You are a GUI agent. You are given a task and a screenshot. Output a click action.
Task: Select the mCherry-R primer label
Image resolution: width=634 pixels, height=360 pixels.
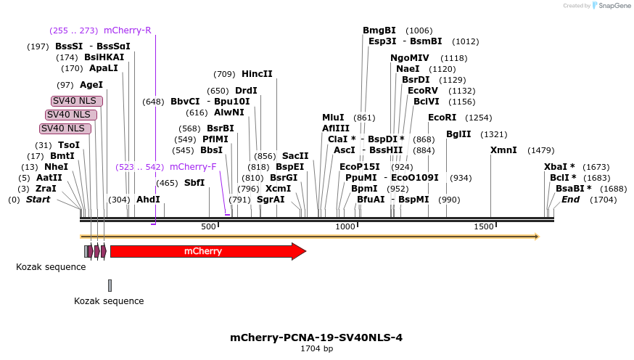127,30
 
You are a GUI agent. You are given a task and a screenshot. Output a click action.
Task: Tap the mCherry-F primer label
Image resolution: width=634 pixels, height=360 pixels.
193,166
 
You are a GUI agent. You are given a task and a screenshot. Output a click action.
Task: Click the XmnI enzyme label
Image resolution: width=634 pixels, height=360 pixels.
503,150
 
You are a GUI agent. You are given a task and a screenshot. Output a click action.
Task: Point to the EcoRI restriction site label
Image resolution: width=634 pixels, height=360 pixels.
442,118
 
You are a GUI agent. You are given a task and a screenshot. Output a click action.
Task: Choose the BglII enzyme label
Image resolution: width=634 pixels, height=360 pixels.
458,134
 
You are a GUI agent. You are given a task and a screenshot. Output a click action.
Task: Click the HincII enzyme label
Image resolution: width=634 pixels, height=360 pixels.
257,74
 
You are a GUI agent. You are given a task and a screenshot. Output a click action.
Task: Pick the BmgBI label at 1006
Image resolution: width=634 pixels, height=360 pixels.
379,30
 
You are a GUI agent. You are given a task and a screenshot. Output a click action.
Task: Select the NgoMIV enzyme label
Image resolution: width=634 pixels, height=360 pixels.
410,58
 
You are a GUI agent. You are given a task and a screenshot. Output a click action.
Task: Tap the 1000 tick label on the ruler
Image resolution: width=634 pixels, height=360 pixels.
345,226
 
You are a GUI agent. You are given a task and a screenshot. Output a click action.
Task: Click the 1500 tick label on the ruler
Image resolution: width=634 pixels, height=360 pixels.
484,226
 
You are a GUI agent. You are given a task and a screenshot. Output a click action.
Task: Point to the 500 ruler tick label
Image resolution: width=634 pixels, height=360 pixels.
209,226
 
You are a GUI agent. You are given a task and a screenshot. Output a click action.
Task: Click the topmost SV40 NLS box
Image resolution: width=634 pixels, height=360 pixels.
76,101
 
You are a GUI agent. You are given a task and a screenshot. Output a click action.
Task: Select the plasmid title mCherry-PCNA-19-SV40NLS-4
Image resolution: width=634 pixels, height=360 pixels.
316,337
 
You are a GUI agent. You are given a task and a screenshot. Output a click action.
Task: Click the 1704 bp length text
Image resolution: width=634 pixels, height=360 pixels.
317,349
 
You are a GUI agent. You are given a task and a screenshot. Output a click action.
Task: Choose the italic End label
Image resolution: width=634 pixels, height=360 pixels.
570,200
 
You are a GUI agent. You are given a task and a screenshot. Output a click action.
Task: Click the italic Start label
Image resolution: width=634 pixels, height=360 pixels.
38,200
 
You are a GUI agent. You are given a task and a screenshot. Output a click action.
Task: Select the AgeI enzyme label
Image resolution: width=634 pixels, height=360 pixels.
91,85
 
